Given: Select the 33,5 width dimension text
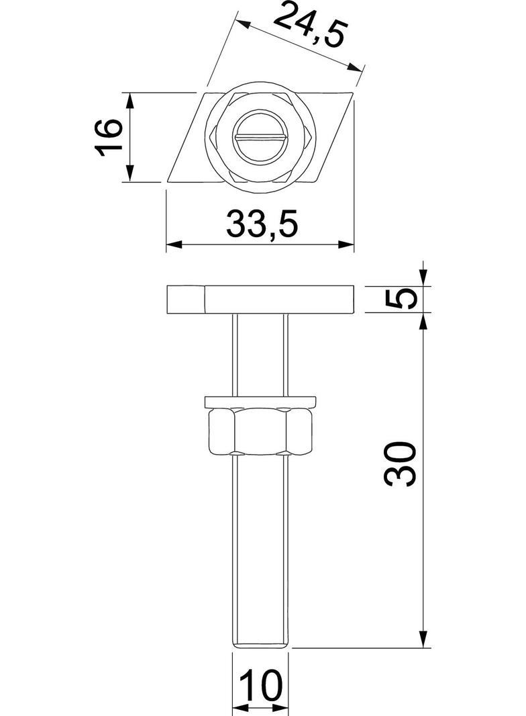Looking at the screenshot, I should tap(261, 224).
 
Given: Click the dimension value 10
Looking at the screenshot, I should tap(261, 686).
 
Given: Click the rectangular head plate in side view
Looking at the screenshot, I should tap(278, 300).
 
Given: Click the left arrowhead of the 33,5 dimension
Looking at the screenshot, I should tap(173, 245).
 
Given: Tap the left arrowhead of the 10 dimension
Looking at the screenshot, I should tap(239, 707).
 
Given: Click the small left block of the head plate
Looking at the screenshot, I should tap(185, 300).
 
